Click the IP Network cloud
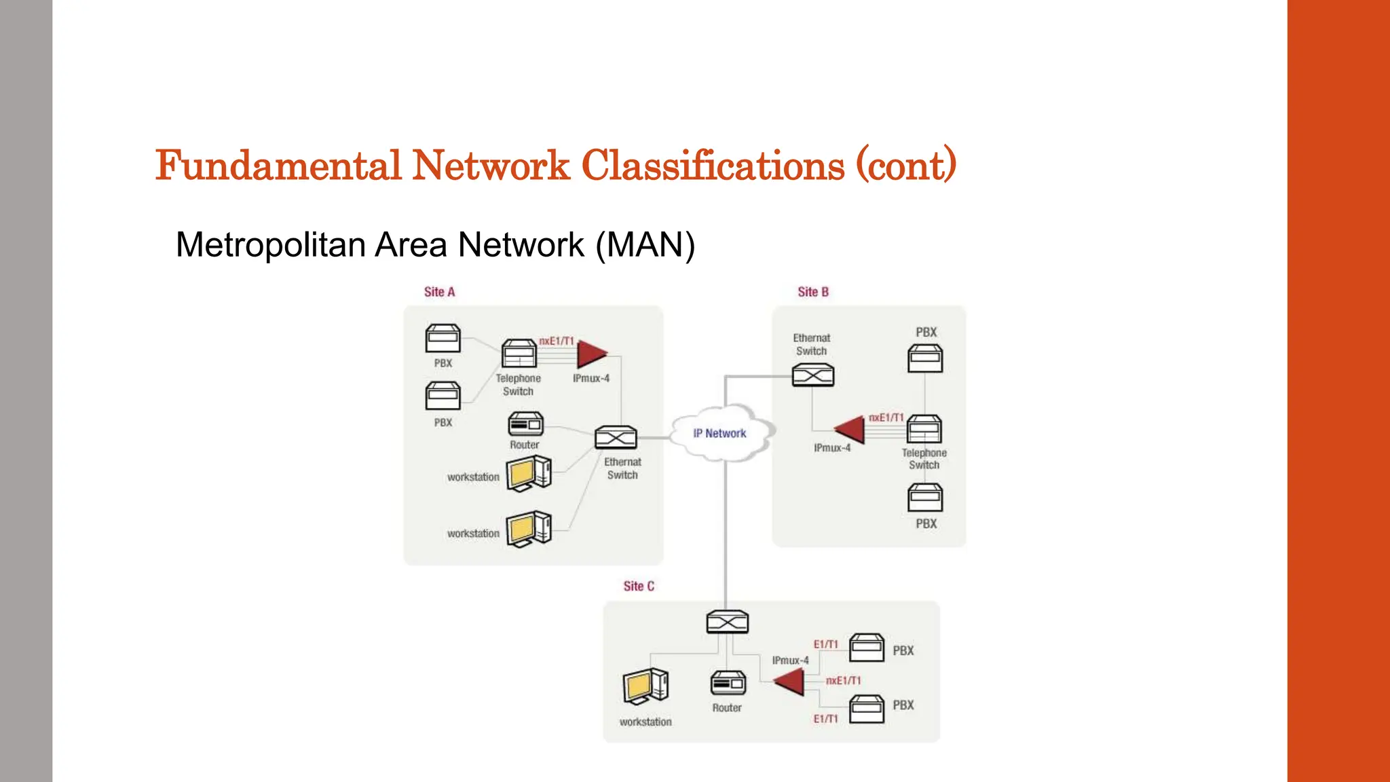(x=719, y=433)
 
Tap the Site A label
(x=439, y=292)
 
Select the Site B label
(x=812, y=292)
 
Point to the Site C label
(x=639, y=586)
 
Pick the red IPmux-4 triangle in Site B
(x=851, y=429)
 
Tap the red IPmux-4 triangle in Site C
(x=791, y=681)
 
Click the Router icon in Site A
(x=525, y=424)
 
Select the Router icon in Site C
(x=728, y=683)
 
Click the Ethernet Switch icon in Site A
(x=616, y=438)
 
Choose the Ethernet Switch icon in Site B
(x=812, y=375)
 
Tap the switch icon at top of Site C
(x=727, y=622)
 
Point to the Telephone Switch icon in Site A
(x=519, y=354)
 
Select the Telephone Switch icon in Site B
(x=924, y=429)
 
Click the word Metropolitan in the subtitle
(x=270, y=245)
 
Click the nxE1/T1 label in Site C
(x=843, y=680)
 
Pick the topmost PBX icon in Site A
(x=443, y=338)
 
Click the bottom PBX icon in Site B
(x=925, y=498)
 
